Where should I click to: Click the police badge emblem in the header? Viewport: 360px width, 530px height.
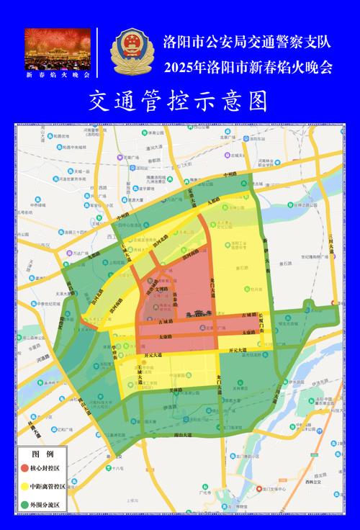[130, 52]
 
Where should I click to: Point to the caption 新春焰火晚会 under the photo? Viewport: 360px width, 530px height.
[58, 74]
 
